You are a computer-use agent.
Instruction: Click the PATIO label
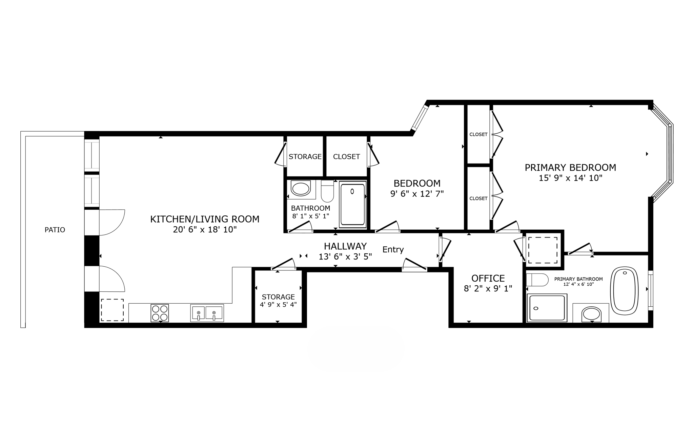point(55,230)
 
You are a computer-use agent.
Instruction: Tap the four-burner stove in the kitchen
point(160,313)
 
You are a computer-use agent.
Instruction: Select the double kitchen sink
point(207,312)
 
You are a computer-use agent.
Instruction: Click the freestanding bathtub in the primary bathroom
point(624,289)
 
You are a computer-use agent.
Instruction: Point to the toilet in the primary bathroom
point(537,280)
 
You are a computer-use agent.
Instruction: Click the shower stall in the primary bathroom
point(547,308)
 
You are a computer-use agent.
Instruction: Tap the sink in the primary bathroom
point(592,314)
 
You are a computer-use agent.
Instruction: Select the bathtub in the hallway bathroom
point(352,204)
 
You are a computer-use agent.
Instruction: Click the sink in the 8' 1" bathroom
point(301,189)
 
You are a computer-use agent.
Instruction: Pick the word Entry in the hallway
point(393,250)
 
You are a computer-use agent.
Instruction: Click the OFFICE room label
point(488,278)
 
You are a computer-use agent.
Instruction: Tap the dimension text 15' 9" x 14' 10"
point(570,178)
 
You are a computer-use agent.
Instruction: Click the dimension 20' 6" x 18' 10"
point(205,230)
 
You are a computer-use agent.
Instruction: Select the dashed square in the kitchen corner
point(112,310)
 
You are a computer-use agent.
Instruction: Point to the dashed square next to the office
point(543,250)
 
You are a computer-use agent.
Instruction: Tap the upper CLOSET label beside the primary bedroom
point(478,134)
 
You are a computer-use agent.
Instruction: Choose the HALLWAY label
point(345,246)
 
